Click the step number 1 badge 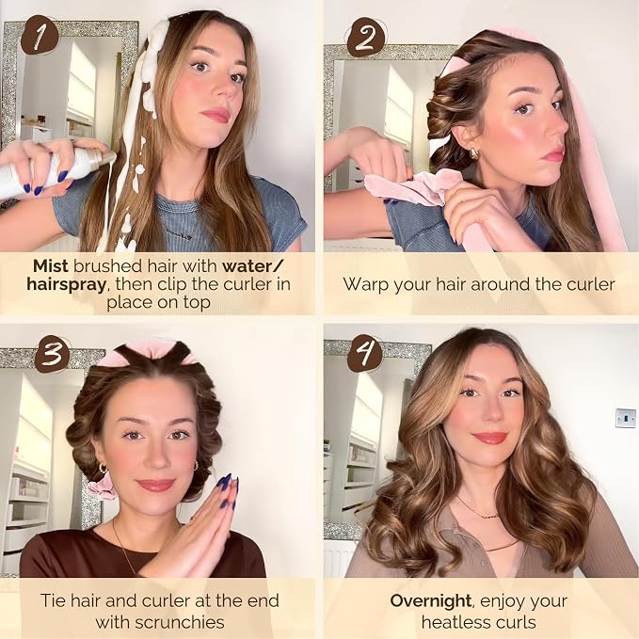[x=40, y=36]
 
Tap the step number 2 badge [x=365, y=38]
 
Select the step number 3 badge [x=52, y=353]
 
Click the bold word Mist [x=51, y=266]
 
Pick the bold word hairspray [x=66, y=284]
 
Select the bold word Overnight [x=431, y=600]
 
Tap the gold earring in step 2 [x=474, y=153]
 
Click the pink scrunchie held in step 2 [x=407, y=188]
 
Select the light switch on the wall [x=626, y=418]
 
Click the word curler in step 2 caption [x=590, y=284]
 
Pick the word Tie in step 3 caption [x=54, y=600]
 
